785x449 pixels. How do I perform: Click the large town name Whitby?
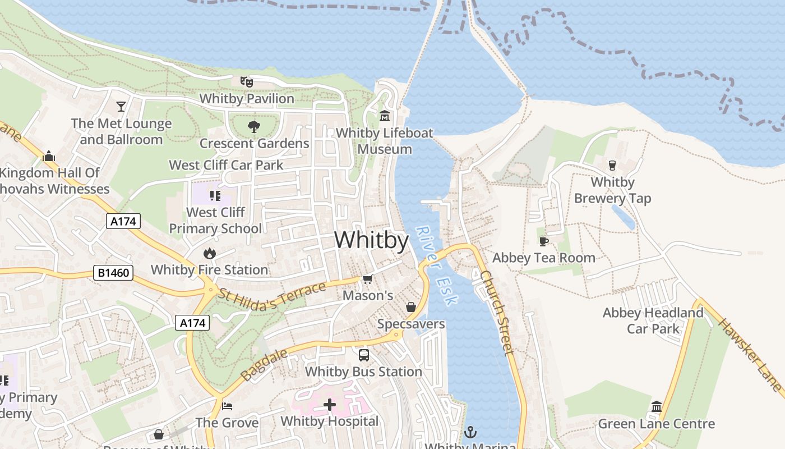(371, 240)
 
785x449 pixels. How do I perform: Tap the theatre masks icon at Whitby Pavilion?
(247, 82)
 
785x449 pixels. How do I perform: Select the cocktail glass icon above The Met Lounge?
(121, 106)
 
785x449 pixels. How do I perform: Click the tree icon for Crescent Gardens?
(254, 127)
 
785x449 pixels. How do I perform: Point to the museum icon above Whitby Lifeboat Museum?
(385, 116)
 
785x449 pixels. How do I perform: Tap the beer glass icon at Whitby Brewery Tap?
(612, 166)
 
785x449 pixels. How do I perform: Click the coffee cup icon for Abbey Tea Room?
(543, 241)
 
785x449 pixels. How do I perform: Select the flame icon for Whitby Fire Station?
(210, 253)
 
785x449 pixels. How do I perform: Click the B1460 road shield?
(114, 273)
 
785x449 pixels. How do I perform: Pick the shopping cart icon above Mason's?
(368, 279)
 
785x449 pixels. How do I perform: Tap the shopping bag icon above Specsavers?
(411, 307)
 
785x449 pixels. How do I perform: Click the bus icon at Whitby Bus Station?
(364, 355)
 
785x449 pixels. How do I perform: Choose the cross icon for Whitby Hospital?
(330, 404)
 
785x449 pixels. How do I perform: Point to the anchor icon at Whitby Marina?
(470, 432)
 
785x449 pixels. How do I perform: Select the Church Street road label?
(497, 313)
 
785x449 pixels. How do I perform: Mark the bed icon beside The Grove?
(227, 406)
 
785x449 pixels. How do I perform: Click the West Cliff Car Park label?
(226, 165)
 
